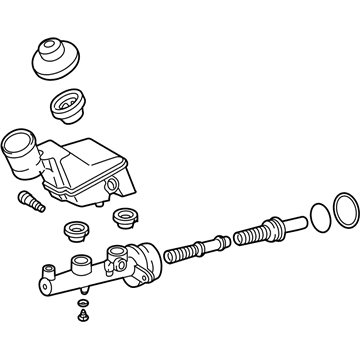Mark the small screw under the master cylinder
[81, 318]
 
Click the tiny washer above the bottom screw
[80, 304]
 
